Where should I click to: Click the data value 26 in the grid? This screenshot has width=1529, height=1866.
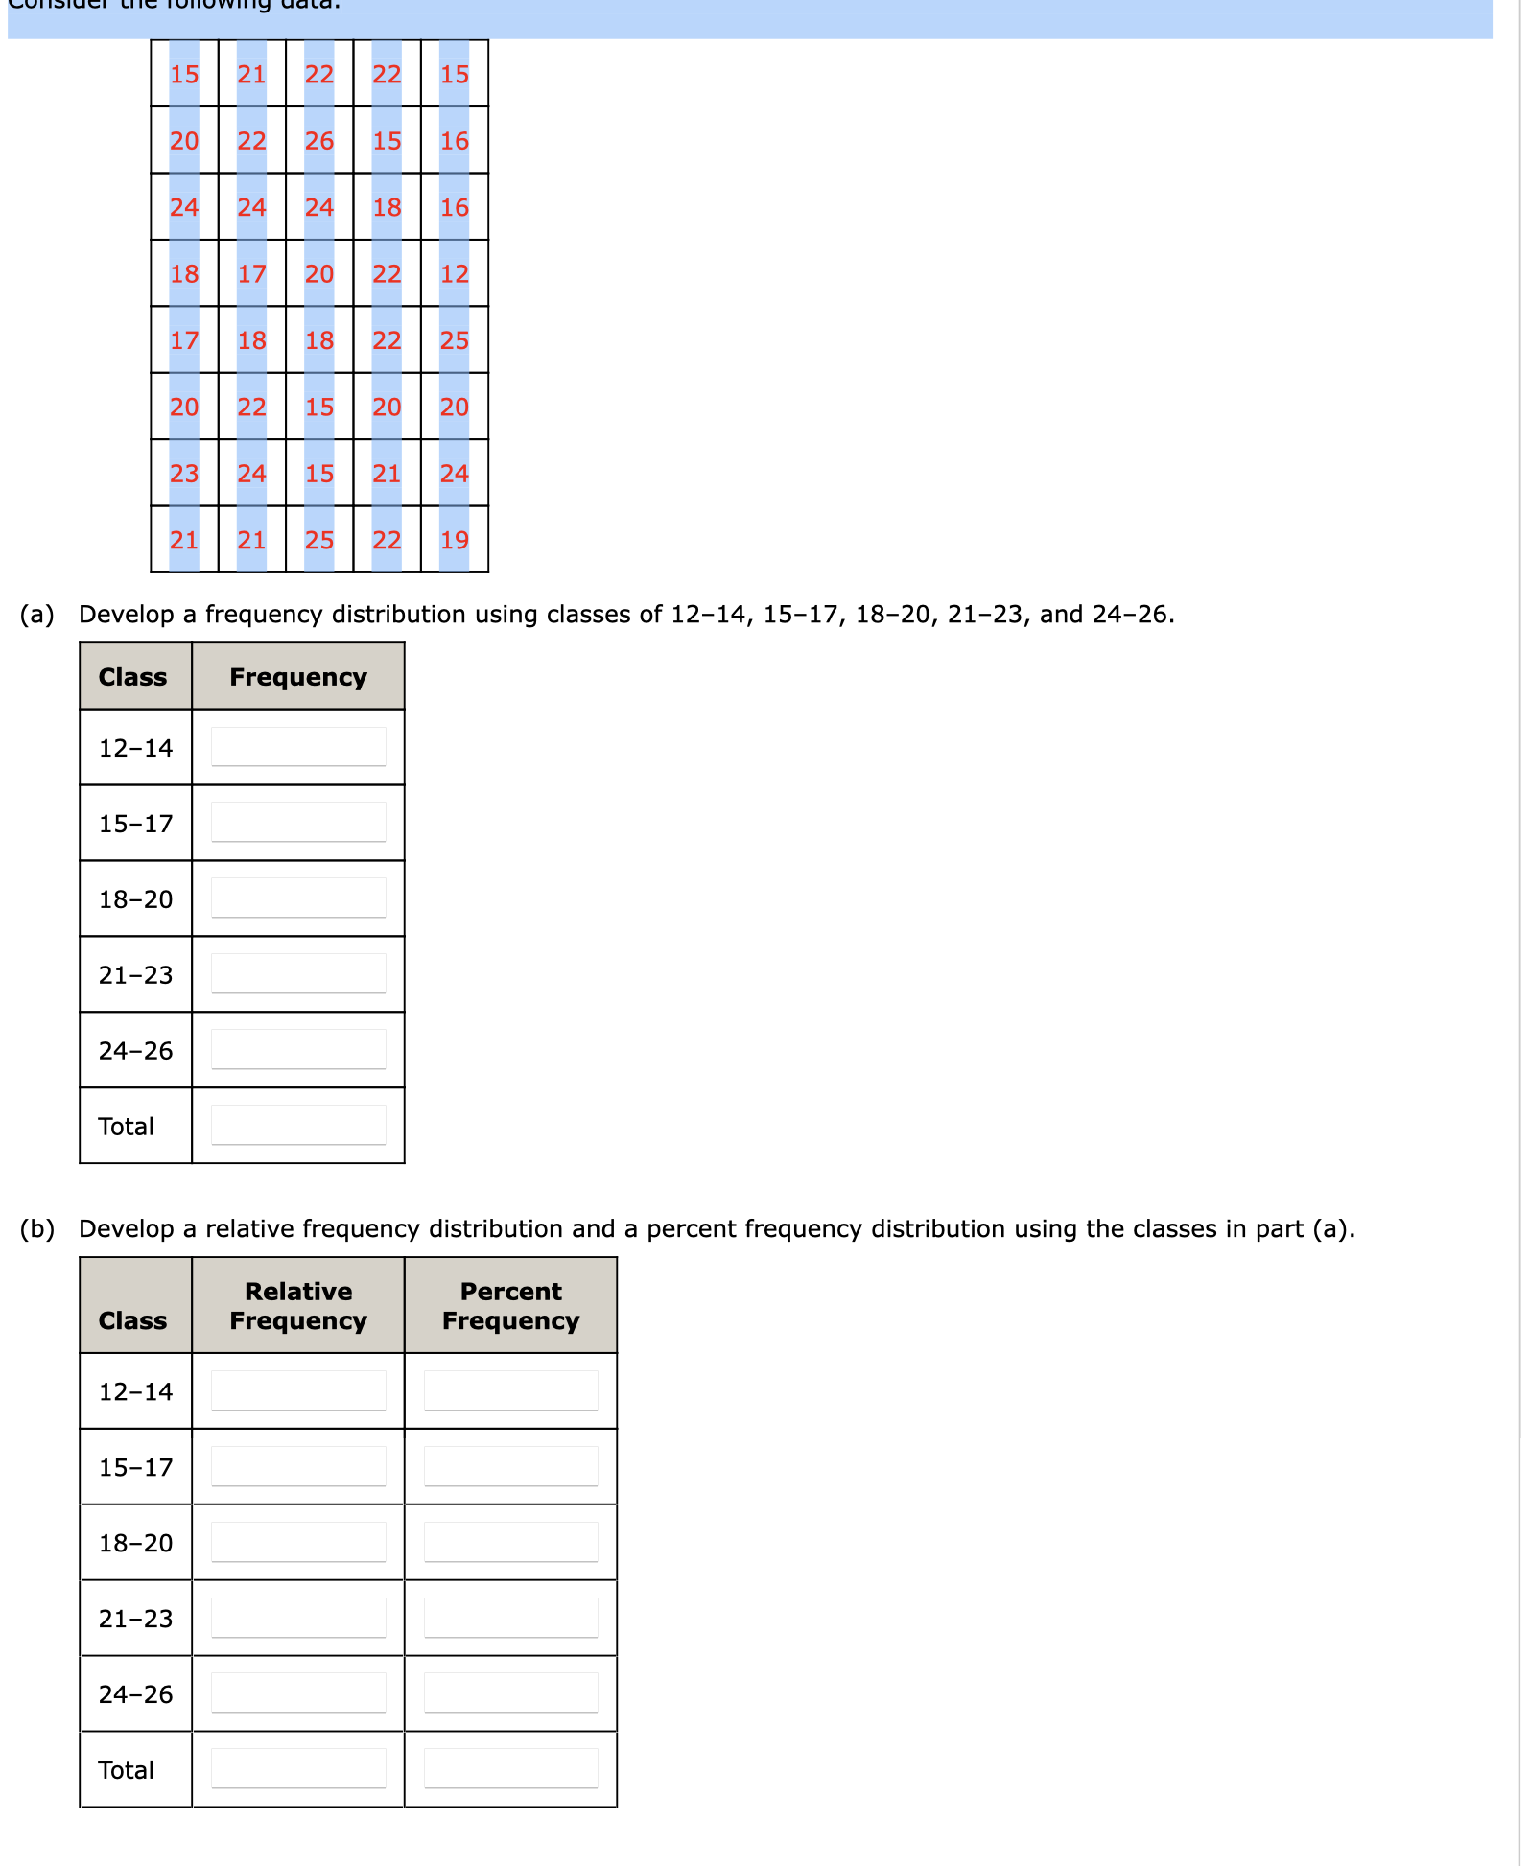[318, 141]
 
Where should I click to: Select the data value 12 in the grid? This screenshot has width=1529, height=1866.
[454, 274]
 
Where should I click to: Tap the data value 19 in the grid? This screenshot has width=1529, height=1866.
[454, 541]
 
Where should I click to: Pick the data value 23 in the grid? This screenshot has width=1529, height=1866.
[184, 474]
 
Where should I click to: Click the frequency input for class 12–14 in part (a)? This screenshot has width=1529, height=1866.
[298, 747]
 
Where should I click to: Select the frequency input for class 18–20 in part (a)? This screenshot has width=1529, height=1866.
[298, 898]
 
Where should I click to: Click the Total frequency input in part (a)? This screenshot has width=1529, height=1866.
[298, 1126]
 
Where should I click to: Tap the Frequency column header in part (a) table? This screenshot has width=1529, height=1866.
[298, 677]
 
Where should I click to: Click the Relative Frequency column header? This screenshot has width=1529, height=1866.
[298, 1306]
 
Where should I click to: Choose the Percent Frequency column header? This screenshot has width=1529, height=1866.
[510, 1306]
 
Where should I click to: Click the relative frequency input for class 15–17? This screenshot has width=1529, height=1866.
[298, 1467]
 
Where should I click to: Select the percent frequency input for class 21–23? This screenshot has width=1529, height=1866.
[510, 1619]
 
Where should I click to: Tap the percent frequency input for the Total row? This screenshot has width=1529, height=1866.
[510, 1769]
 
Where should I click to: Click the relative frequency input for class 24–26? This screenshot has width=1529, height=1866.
[298, 1693]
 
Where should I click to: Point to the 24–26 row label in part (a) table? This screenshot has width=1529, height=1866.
[135, 1051]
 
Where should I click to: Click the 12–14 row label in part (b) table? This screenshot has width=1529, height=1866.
[135, 1391]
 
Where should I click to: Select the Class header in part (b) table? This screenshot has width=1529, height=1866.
[132, 1320]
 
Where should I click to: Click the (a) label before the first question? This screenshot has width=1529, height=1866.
[36, 615]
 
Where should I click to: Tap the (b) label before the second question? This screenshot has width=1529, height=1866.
[36, 1229]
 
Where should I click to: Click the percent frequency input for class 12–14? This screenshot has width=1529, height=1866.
[510, 1391]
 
